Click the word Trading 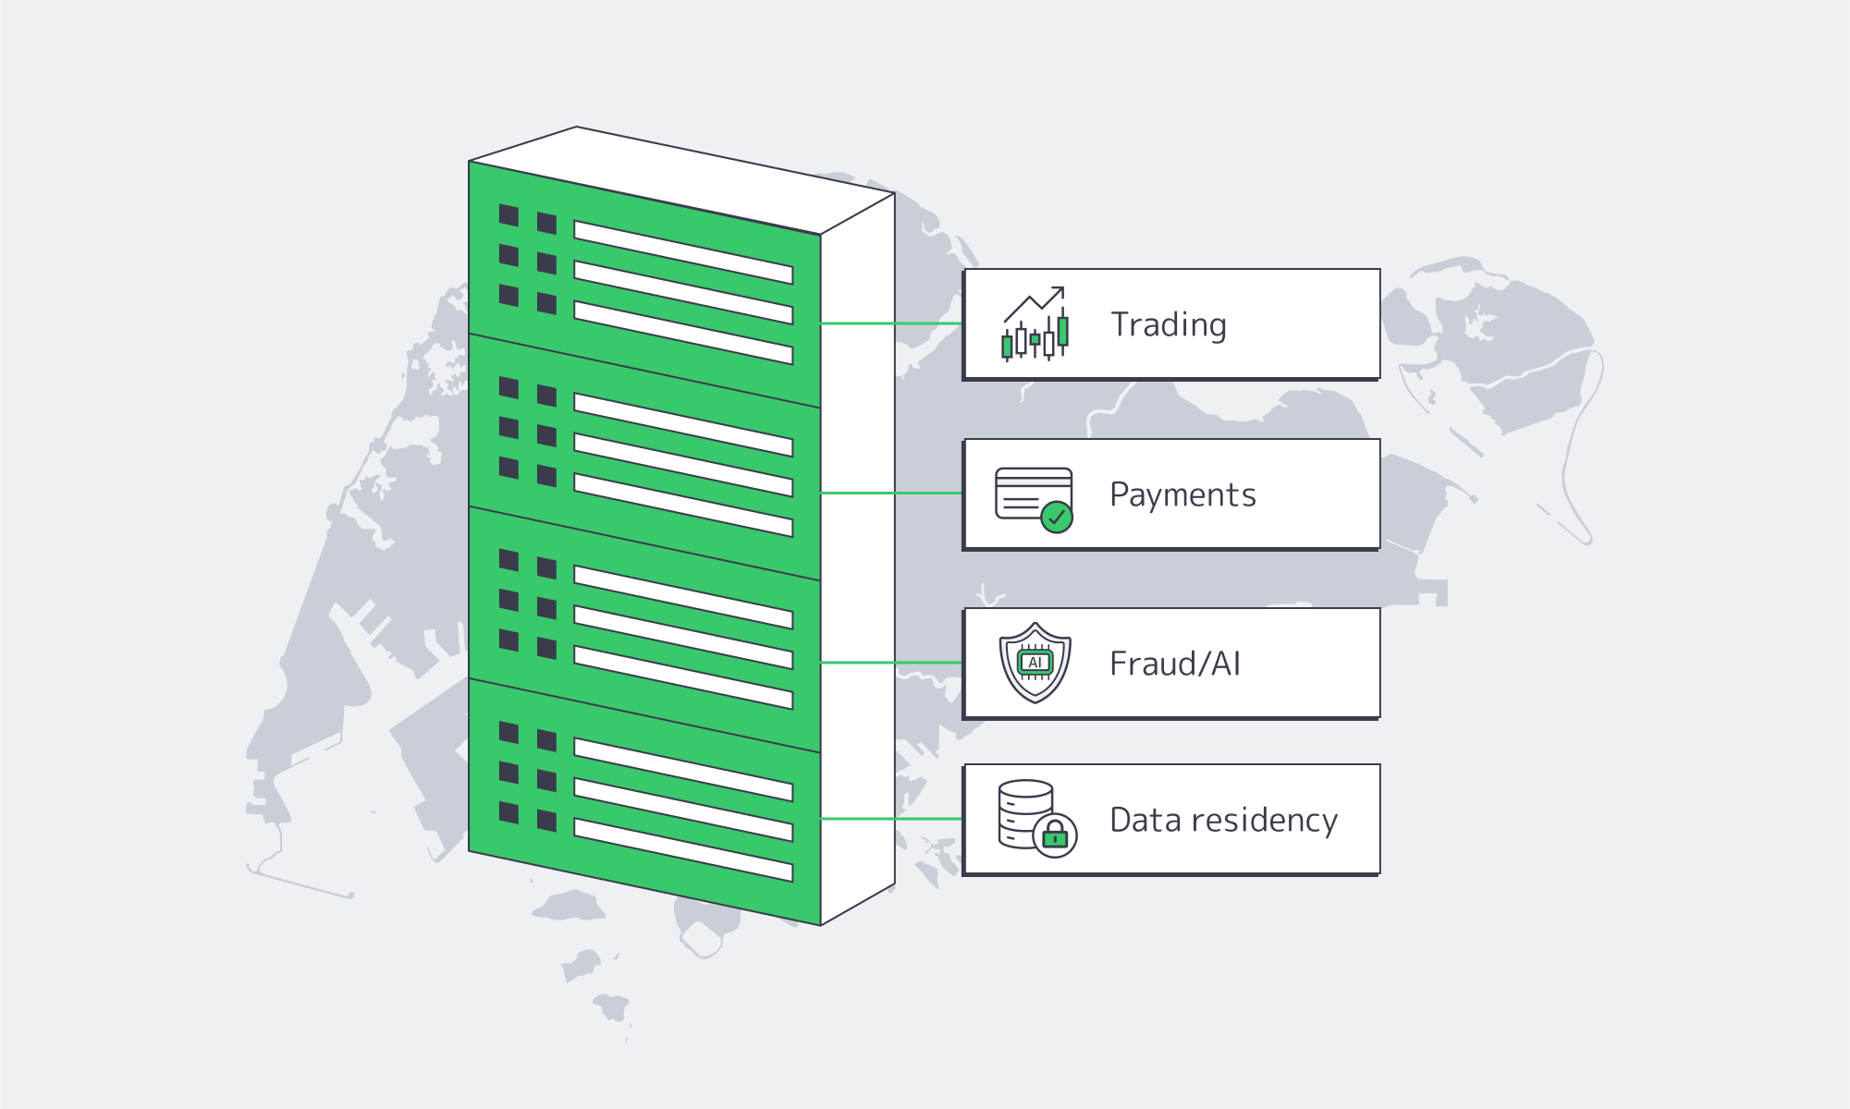tap(1169, 325)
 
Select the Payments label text tap(1182, 495)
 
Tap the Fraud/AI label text tap(1174, 664)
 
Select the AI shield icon tap(1035, 663)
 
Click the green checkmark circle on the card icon tap(1057, 518)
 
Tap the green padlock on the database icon tap(1055, 836)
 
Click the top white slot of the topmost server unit tap(682, 251)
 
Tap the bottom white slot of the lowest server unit tap(682, 849)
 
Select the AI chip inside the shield tap(1035, 663)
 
